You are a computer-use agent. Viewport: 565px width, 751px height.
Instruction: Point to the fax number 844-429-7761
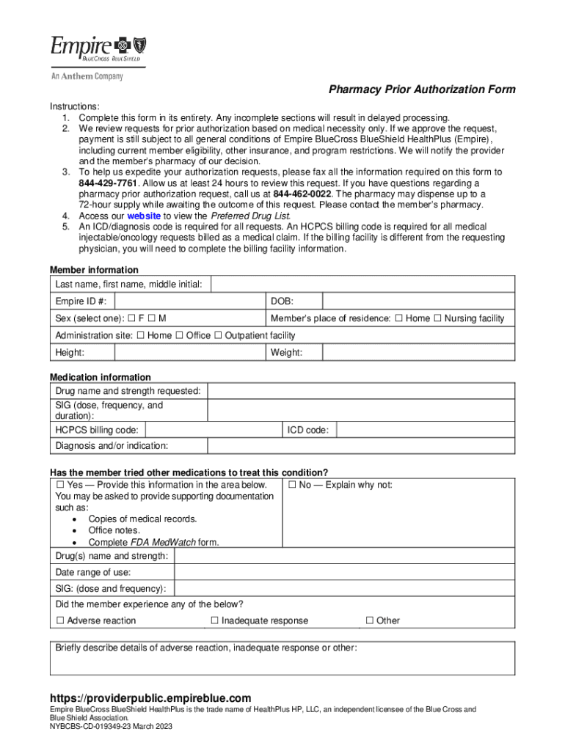pyautogui.click(x=107, y=183)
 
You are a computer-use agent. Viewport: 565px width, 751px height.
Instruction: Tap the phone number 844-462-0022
pyautogui.click(x=302, y=194)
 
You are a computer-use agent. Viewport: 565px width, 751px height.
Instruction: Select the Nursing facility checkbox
pyautogui.click(x=438, y=318)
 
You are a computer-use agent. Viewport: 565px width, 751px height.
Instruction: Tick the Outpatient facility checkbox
pyautogui.click(x=218, y=335)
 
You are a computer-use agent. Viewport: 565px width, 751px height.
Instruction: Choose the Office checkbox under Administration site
pyautogui.click(x=179, y=335)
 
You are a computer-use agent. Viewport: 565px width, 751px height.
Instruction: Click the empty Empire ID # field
pyautogui.click(x=189, y=301)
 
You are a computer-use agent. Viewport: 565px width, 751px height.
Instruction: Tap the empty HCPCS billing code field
pyautogui.click(x=213, y=430)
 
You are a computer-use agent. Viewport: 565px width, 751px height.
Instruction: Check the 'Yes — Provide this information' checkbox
pyautogui.click(x=60, y=485)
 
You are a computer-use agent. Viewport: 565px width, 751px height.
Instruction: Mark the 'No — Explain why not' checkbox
pyautogui.click(x=292, y=485)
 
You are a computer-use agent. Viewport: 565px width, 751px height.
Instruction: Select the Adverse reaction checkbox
pyautogui.click(x=60, y=620)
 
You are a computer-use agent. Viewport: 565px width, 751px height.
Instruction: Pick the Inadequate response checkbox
pyautogui.click(x=215, y=620)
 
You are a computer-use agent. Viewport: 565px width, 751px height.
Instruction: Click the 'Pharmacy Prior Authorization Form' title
pyautogui.click(x=422, y=89)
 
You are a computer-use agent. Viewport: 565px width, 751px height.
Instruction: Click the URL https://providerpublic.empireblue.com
pyautogui.click(x=150, y=697)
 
